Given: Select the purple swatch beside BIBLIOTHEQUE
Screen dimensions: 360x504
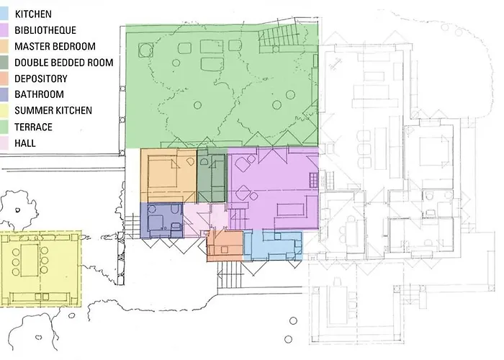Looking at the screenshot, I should (6, 30).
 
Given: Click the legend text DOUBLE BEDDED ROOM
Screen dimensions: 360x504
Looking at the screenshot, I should (63, 63).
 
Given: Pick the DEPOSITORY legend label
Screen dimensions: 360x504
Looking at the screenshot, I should (40, 78).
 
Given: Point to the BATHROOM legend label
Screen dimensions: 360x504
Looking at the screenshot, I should (39, 94).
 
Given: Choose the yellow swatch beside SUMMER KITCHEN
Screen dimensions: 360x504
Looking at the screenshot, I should (6, 111).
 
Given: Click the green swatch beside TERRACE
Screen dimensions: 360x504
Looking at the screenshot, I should (6, 127).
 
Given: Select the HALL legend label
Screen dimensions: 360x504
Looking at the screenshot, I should (25, 143).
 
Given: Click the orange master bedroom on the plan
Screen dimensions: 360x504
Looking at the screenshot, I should (168, 176).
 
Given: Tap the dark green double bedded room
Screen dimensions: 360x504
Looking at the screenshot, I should (212, 177).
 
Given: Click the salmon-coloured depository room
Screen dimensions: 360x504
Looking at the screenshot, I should (225, 246).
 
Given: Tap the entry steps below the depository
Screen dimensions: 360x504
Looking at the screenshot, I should (228, 274).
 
